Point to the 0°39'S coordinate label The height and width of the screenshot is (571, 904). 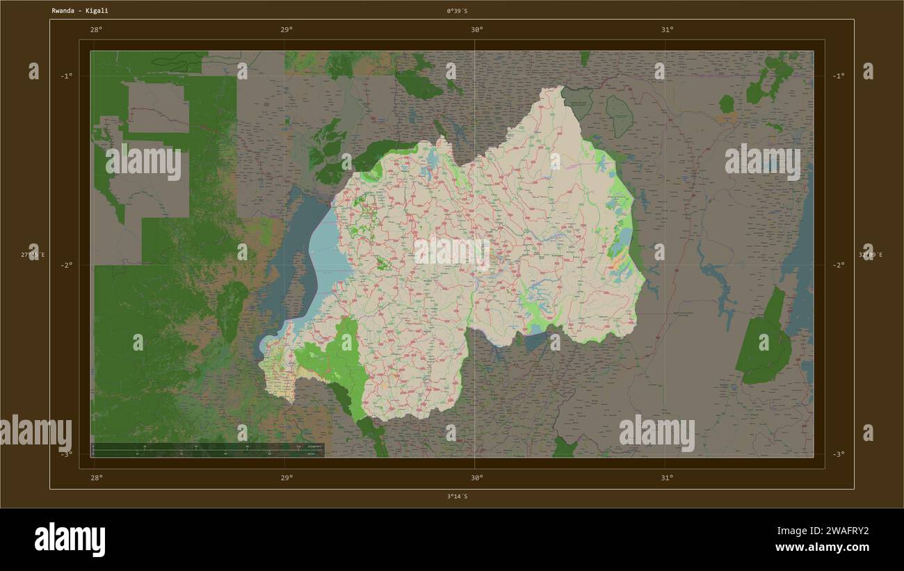(x=457, y=10)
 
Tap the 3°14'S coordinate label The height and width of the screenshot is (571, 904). (x=457, y=497)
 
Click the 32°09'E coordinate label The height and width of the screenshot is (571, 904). (x=870, y=255)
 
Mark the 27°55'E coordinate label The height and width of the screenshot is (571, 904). (x=32, y=255)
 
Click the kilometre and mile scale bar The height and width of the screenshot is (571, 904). (x=209, y=450)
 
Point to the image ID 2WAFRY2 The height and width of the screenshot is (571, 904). (x=832, y=531)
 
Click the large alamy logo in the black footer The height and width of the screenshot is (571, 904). (x=70, y=540)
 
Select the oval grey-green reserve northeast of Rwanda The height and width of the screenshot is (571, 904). (x=618, y=115)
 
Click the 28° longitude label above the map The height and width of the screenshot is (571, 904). (x=96, y=30)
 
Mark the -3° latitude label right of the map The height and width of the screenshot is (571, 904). (x=839, y=454)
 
